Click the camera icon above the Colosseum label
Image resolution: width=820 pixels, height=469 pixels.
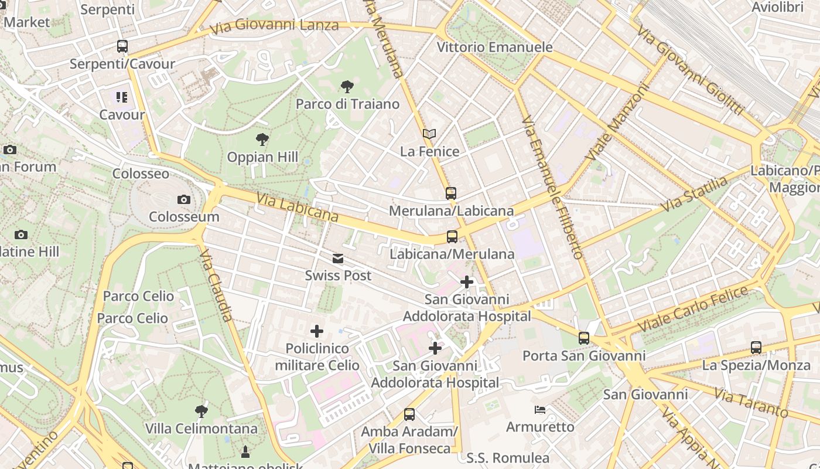tap(184, 199)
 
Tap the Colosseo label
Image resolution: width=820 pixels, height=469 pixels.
tap(141, 174)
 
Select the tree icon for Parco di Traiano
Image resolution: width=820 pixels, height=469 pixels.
tap(347, 87)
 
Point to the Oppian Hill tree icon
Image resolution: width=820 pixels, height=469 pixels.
tap(262, 140)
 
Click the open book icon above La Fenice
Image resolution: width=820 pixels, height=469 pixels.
tap(429, 134)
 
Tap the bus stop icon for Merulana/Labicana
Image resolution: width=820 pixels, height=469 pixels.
tap(450, 193)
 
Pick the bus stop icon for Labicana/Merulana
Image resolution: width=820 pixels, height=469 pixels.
tap(452, 237)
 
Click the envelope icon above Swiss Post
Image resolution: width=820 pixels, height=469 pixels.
tap(338, 259)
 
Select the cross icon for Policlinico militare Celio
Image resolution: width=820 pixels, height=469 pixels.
tap(317, 331)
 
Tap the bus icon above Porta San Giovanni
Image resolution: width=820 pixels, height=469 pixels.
tap(584, 338)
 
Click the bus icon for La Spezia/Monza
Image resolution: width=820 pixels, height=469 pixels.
tap(756, 348)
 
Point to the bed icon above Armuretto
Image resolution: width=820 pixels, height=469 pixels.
tap(540, 409)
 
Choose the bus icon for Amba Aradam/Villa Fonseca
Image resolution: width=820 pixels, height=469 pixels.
tap(409, 414)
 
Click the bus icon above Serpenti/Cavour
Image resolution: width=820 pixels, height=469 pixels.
tap(122, 46)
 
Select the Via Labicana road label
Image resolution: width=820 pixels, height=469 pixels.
tap(297, 208)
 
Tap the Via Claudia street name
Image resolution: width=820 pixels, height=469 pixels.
tap(216, 285)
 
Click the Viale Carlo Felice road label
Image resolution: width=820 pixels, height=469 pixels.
tap(693, 308)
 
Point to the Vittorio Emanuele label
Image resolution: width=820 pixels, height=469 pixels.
tap(495, 47)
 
